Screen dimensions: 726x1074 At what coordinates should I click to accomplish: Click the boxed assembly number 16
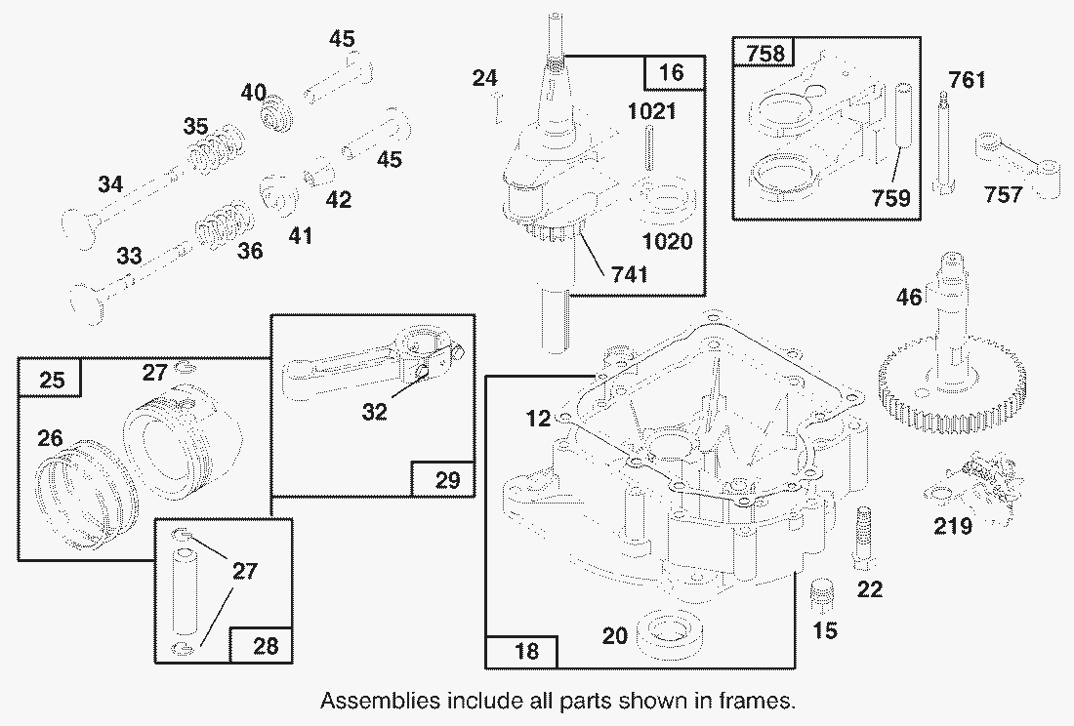click(673, 72)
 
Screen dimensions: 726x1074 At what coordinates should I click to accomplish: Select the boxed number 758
click(764, 54)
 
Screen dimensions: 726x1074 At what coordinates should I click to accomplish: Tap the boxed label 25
click(53, 379)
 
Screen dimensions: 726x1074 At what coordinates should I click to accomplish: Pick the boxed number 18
click(525, 651)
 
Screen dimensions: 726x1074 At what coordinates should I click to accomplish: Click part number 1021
click(651, 111)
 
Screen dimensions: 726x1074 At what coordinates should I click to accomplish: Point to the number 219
click(952, 527)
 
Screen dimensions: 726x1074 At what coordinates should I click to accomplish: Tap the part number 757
click(1003, 194)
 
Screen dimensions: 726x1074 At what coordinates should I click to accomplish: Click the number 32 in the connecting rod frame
click(374, 411)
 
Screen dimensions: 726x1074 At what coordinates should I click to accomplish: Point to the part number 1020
click(668, 240)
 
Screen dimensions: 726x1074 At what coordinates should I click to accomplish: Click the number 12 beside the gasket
click(539, 419)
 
